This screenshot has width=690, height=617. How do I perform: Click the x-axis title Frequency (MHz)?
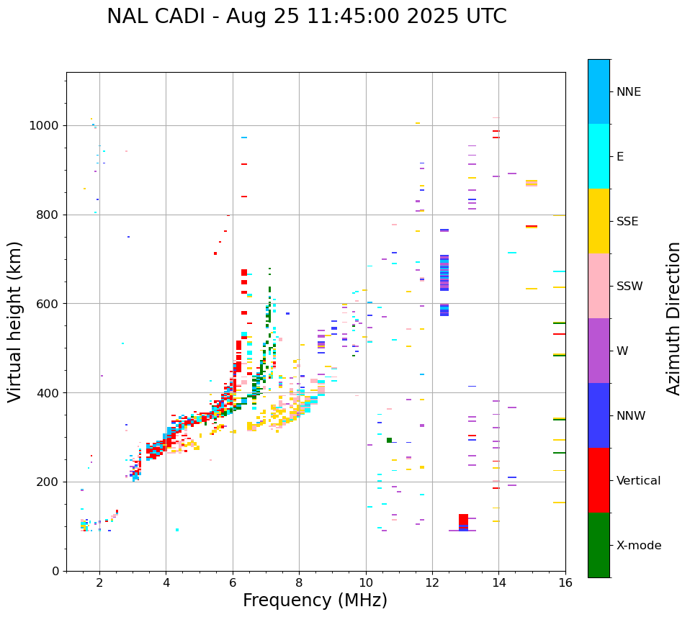tap(315, 600)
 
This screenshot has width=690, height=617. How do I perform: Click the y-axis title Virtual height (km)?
tap(15, 321)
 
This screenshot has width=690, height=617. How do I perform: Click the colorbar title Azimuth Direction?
tap(673, 317)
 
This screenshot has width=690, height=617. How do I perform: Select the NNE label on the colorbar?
tap(628, 92)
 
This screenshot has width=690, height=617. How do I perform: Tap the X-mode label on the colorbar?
tap(638, 546)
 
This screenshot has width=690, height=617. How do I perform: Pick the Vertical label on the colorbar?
tap(638, 481)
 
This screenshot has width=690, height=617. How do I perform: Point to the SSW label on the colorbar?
tap(629, 287)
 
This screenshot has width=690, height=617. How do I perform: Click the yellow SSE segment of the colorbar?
tap(599, 220)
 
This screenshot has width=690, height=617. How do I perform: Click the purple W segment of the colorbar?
tap(599, 350)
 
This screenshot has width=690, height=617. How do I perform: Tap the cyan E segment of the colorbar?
tap(599, 156)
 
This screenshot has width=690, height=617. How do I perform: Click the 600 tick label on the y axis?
tap(50, 304)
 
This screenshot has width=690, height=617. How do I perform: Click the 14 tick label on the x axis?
tap(498, 584)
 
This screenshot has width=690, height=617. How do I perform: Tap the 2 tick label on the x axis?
tap(99, 584)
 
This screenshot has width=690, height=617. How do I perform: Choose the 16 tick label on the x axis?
tap(565, 584)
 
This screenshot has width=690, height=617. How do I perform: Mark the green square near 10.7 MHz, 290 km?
tap(389, 440)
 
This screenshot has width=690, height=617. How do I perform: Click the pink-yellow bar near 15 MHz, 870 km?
tap(532, 183)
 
